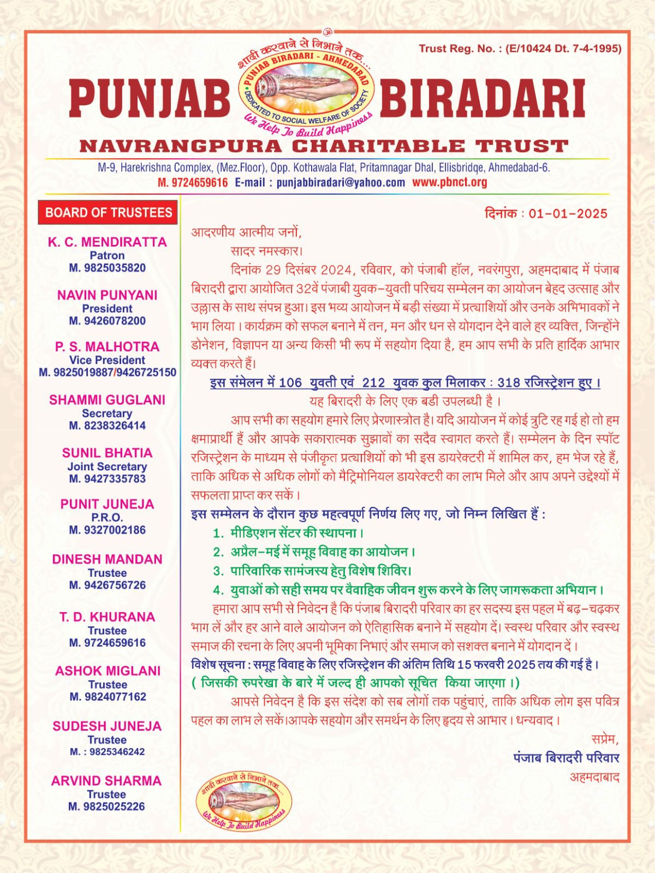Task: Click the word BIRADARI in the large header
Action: (x=483, y=98)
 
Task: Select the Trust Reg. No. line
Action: (x=520, y=49)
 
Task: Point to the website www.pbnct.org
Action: (x=450, y=182)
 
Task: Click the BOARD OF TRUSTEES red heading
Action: (x=109, y=213)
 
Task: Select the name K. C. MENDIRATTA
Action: (x=108, y=242)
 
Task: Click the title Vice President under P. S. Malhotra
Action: (x=107, y=360)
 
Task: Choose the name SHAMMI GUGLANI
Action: (x=107, y=400)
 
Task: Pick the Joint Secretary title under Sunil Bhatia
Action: (x=107, y=467)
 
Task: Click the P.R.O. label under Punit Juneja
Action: (x=107, y=517)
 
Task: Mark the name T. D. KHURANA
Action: (x=107, y=617)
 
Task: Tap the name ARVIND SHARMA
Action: (x=107, y=781)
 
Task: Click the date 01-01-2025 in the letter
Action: (x=568, y=213)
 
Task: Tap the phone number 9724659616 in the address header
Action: (x=199, y=183)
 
